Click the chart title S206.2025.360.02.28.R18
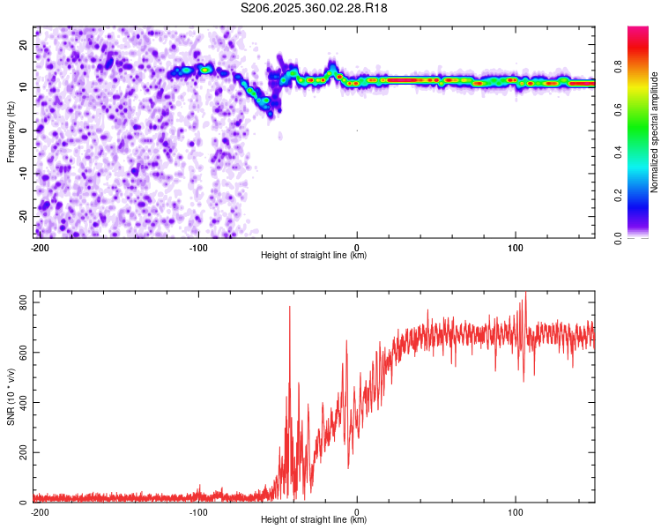314,8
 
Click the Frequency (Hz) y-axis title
11,132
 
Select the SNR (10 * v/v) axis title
11,397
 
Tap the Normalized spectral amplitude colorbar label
654,132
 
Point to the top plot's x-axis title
314,255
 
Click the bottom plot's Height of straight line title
314,519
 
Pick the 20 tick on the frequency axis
24,44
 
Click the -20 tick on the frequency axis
22,216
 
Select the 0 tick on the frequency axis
26,130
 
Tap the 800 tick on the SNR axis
21,302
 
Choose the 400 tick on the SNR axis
21,403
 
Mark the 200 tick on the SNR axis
21,452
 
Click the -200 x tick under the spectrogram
40,247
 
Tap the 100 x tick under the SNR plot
515,511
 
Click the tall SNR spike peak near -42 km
289,307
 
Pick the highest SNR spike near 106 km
525,293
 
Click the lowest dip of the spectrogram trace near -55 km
270,112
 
